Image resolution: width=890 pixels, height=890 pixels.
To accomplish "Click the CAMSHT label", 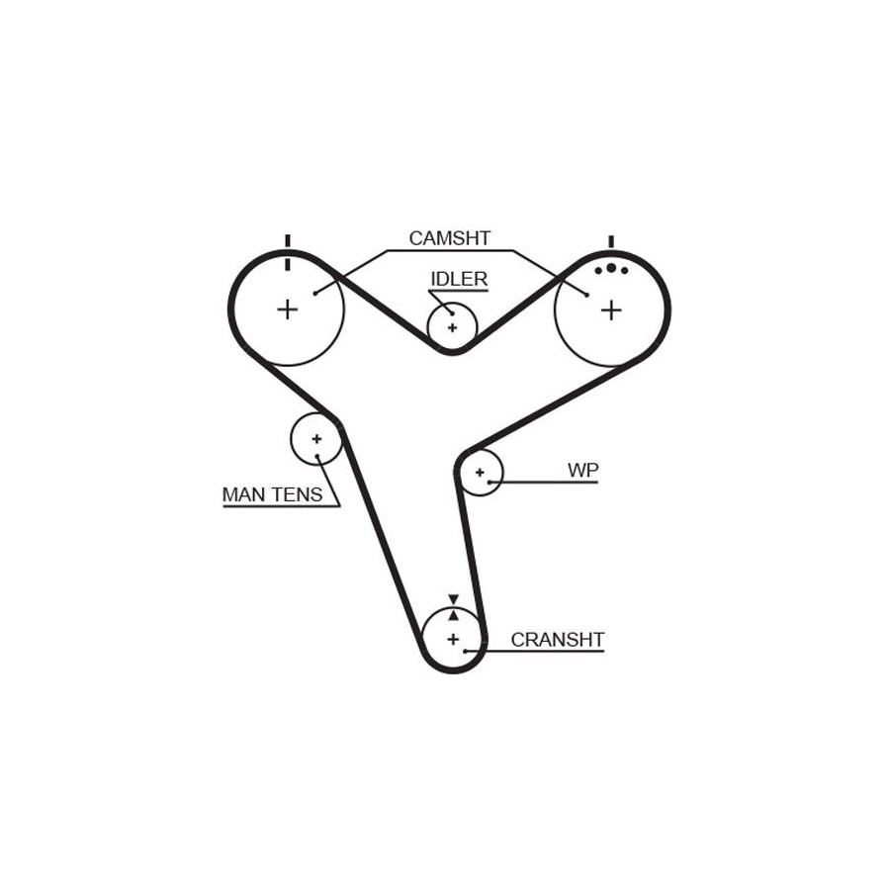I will click(x=450, y=238).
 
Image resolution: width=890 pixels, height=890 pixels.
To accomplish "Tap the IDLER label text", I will click(x=459, y=279).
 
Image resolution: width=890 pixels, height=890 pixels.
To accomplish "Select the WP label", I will click(x=582, y=470).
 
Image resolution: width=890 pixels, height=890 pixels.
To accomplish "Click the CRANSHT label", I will click(x=557, y=640).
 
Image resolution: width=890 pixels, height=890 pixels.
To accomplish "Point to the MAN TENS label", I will click(x=272, y=494).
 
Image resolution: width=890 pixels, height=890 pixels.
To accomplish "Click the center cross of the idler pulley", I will click(x=452, y=327).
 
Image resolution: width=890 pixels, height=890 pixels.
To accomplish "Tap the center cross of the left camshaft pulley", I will click(x=287, y=310).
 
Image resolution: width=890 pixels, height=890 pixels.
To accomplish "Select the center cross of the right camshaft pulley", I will click(x=611, y=311).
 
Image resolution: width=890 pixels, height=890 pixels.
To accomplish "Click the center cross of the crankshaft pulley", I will click(x=453, y=640).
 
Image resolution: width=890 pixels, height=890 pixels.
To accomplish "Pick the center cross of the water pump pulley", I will click(x=480, y=473).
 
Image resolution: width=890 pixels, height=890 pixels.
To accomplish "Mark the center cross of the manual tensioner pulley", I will click(x=316, y=439).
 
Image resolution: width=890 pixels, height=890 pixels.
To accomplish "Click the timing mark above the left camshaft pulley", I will click(x=288, y=252).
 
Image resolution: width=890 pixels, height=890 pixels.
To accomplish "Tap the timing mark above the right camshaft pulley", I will click(x=611, y=241).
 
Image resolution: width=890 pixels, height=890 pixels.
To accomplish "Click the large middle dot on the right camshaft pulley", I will click(x=611, y=268).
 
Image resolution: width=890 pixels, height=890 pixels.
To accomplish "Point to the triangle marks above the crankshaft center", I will click(x=453, y=606).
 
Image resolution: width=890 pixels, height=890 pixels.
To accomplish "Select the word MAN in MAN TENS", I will click(x=243, y=494).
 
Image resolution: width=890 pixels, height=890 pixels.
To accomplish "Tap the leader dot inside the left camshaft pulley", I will click(x=314, y=293).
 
